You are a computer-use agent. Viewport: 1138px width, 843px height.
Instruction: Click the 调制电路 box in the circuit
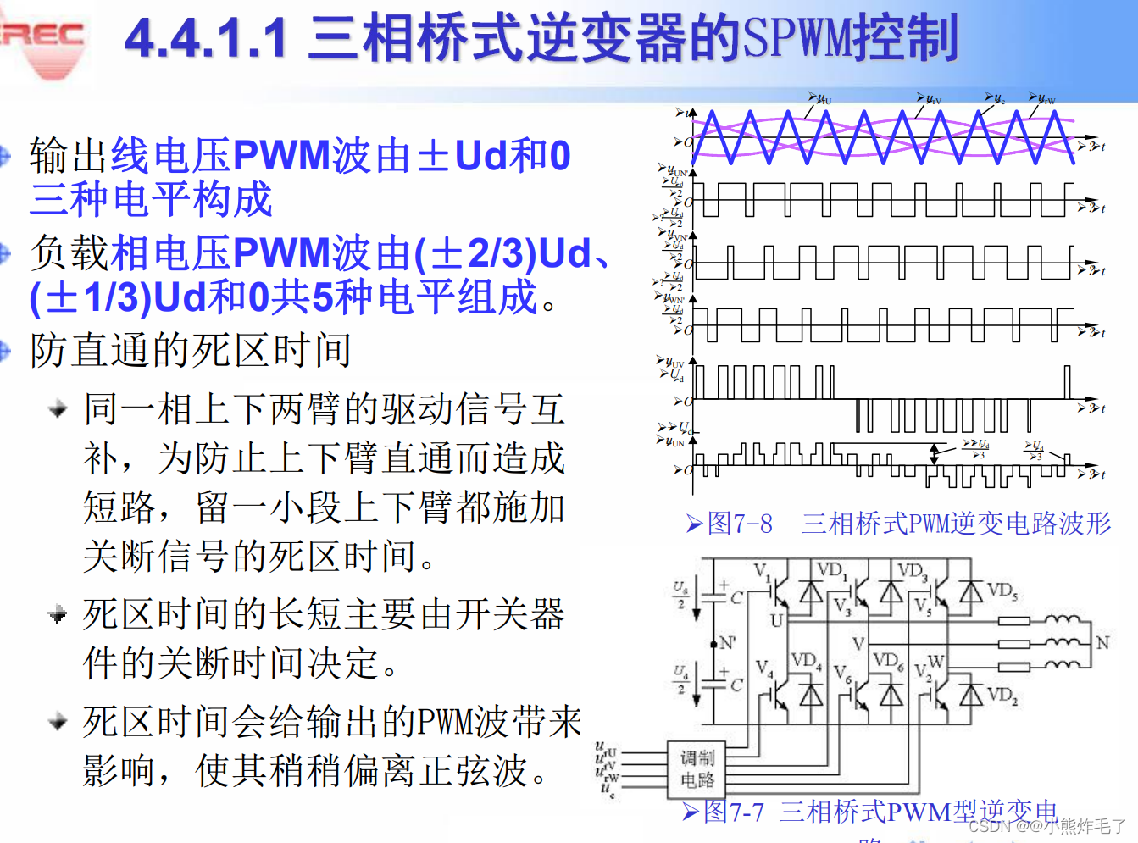click(x=697, y=768)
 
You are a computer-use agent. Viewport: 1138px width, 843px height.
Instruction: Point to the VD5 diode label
click(x=1002, y=591)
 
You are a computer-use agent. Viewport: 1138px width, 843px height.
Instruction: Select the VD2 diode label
click(x=1002, y=696)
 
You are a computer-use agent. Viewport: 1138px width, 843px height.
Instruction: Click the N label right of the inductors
click(x=1102, y=643)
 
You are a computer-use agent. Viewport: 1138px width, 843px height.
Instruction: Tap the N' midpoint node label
click(x=727, y=643)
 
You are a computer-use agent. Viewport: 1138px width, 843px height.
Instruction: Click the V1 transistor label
click(x=761, y=571)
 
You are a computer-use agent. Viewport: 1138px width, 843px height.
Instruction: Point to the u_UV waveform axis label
click(x=674, y=363)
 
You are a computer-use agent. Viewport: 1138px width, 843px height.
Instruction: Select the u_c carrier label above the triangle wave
click(x=998, y=99)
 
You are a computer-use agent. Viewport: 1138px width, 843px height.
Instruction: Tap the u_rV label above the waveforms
click(x=931, y=99)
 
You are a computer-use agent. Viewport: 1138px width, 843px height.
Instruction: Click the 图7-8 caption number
click(x=740, y=524)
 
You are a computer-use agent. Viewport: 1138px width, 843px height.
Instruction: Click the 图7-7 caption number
click(x=734, y=812)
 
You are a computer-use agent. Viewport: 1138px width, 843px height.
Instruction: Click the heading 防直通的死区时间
click(x=191, y=351)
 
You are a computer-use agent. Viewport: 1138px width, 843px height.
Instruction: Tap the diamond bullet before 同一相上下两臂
click(x=58, y=410)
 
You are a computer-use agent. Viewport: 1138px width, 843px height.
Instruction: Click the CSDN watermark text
click(x=991, y=826)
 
